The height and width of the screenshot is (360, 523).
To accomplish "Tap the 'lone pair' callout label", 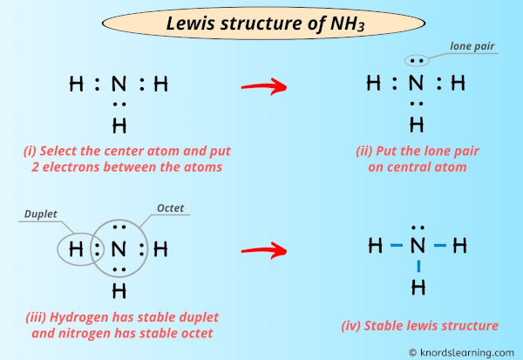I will click(470, 45).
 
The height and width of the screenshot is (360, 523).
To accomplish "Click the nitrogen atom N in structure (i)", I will click(119, 85).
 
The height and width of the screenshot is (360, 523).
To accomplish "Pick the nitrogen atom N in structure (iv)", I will click(418, 247).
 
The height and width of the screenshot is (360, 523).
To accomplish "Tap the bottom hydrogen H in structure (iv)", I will click(418, 287).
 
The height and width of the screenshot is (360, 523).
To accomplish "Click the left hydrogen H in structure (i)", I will click(77, 85).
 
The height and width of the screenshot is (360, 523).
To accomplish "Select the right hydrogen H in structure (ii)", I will click(459, 85).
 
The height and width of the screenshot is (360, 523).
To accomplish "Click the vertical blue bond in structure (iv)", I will click(418, 267).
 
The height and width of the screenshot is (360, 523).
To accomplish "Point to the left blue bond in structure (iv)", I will click(397, 247).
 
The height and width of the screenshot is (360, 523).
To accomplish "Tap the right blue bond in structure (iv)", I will click(440, 247).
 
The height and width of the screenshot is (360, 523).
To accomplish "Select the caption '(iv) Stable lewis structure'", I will click(419, 326).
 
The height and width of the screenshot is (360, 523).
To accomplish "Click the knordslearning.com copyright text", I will click(461, 352).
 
